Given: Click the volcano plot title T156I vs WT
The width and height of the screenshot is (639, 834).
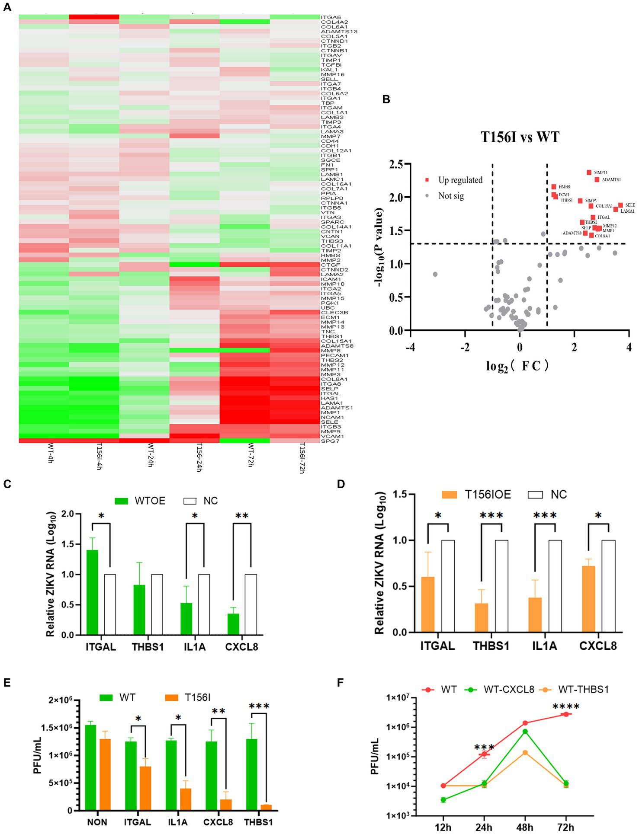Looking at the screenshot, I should click(x=520, y=137).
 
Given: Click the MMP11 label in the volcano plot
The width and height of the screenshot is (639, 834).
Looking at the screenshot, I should click(x=600, y=173).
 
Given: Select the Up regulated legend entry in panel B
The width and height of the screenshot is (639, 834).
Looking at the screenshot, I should click(x=460, y=180).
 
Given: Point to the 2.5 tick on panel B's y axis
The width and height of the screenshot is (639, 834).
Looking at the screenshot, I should click(x=395, y=164).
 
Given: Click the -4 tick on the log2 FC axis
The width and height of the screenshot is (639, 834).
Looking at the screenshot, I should click(x=410, y=347).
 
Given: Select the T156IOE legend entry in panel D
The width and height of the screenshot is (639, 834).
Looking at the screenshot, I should click(x=487, y=495).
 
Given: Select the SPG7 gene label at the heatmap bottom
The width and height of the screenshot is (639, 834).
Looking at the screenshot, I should click(x=330, y=441).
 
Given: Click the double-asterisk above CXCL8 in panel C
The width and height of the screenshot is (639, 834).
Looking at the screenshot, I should click(x=241, y=516).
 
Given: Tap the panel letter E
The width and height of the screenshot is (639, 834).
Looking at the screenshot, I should click(x=7, y=682).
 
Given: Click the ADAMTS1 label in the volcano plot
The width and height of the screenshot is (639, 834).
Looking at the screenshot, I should click(x=611, y=179).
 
